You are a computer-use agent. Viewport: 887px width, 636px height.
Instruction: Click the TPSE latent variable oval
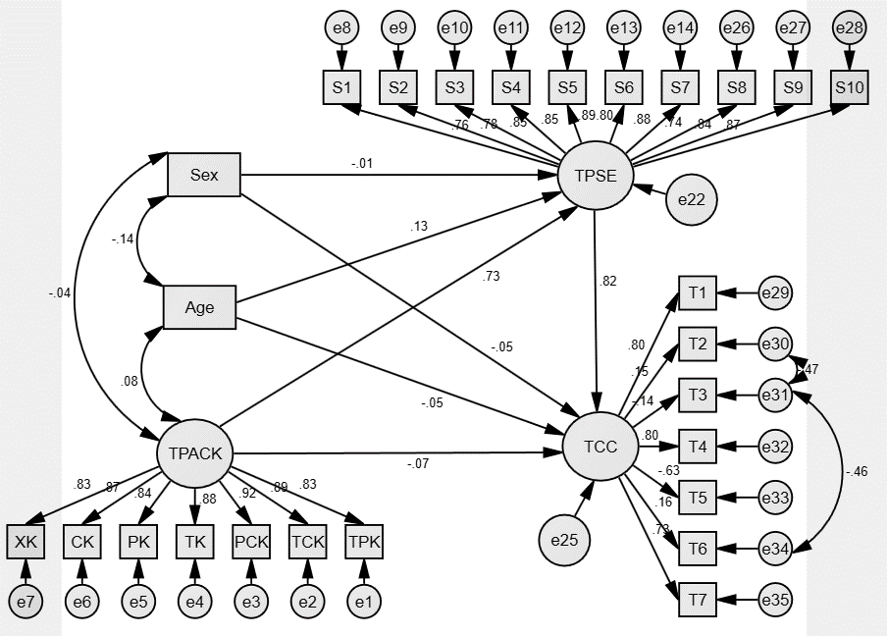click(x=595, y=177)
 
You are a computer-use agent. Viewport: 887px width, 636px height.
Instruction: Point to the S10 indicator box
click(x=850, y=86)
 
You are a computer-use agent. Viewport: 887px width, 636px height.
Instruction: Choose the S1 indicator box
click(x=341, y=86)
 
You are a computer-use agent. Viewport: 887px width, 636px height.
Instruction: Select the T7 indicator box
click(x=698, y=599)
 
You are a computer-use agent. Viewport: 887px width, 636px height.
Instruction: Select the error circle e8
click(x=341, y=28)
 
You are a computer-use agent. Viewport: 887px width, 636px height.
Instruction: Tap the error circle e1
click(x=364, y=599)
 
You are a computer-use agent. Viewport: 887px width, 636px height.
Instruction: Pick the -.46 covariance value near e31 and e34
click(x=858, y=472)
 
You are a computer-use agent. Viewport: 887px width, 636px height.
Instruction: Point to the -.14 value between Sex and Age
click(x=122, y=238)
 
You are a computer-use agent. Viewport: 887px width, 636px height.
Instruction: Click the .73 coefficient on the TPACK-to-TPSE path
click(x=492, y=276)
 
